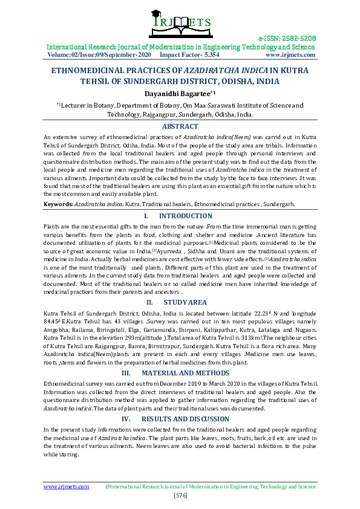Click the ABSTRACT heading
pos(180,126)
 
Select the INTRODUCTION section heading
pos(185,216)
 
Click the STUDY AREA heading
pos(185,302)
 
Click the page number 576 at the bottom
pos(180,495)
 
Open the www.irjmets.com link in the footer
pos(66,486)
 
